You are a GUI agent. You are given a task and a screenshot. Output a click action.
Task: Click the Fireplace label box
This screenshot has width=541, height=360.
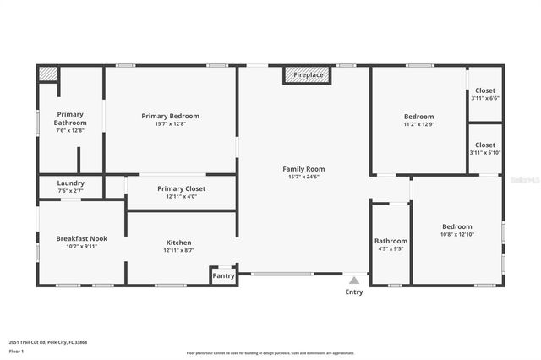(307, 75)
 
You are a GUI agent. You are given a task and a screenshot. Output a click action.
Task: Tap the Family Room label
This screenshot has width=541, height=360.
(303, 169)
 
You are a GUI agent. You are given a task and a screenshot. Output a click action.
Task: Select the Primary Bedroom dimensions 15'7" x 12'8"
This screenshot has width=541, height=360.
(170, 124)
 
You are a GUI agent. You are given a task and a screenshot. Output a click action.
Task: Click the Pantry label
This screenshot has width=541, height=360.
(223, 275)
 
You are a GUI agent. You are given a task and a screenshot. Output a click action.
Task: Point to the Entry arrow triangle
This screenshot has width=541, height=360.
(354, 280)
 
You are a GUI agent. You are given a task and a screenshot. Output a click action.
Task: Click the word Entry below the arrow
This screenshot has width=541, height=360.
(354, 292)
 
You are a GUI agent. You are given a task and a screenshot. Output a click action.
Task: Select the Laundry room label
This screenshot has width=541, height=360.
(70, 183)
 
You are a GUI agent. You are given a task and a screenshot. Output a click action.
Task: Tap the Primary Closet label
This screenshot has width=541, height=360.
(181, 188)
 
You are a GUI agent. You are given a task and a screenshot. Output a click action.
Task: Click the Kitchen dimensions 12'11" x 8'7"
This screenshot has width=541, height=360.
(178, 250)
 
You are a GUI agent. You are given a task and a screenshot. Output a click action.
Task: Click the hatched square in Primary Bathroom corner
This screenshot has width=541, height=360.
(46, 74)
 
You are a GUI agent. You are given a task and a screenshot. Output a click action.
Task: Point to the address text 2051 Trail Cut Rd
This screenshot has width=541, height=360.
(48, 342)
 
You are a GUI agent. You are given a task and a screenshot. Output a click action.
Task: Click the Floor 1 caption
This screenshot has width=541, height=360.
(17, 351)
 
